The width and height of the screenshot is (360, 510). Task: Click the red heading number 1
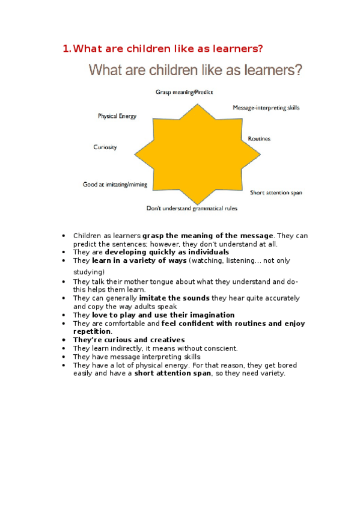click(66, 49)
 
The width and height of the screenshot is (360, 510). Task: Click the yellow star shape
click(196, 154)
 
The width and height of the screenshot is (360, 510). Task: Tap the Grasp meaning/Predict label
click(185, 92)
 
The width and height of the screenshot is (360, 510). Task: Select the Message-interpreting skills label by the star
click(266, 108)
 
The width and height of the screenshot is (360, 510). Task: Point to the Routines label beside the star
click(259, 138)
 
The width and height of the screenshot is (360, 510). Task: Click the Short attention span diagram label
click(276, 192)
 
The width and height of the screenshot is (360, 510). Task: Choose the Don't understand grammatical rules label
click(192, 209)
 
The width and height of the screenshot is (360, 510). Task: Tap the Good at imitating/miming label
click(115, 185)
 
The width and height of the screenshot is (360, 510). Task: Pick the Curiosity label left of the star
click(105, 147)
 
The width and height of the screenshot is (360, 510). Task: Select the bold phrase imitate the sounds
click(174, 298)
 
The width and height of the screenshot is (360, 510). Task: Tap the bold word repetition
click(92, 331)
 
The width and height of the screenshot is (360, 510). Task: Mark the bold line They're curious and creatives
click(129, 340)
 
